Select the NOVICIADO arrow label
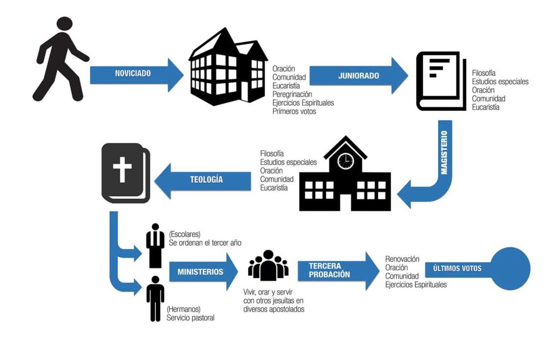tap(133, 73)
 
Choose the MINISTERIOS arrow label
tap(200, 272)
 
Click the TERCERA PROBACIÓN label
tap(329, 270)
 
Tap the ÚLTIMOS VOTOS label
tap(453, 268)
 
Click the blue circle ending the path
tap(510, 269)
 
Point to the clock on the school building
tap(345, 160)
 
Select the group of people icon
tap(268, 265)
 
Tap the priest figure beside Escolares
tap(155, 246)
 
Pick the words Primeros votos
tap(294, 111)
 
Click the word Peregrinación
tap(296, 94)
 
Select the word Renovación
tap(402, 259)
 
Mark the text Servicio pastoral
tap(190, 318)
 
